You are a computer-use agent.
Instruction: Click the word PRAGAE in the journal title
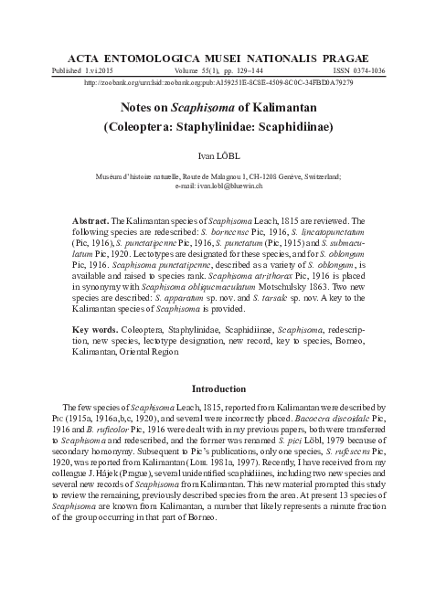pos(345,57)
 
